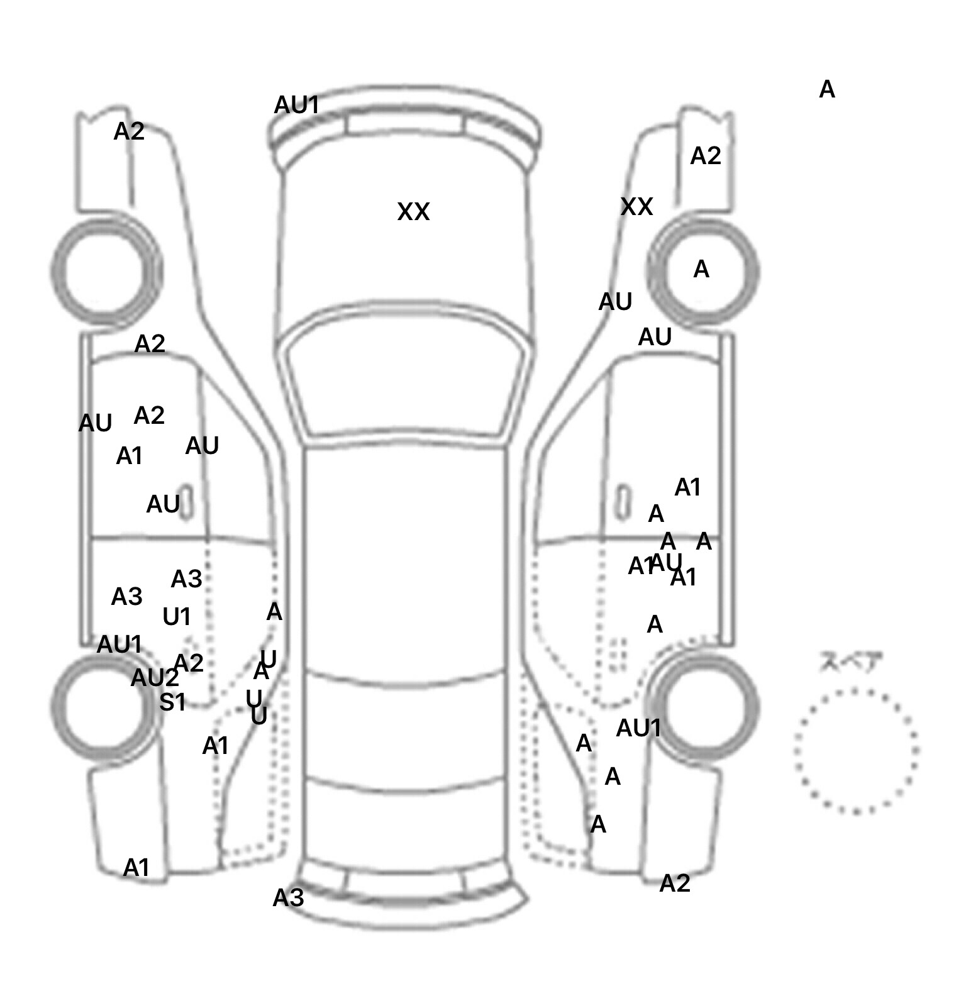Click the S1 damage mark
click(172, 702)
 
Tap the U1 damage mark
click(177, 617)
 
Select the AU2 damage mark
click(155, 678)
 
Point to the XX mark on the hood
click(413, 212)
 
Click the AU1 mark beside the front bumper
click(297, 105)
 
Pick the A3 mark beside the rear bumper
click(288, 898)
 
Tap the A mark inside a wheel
click(701, 270)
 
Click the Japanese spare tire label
click(850, 663)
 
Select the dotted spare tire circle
click(855, 751)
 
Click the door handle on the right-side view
click(623, 502)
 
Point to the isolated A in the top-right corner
click(827, 90)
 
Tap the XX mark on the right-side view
click(636, 207)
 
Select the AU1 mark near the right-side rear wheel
click(638, 728)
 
